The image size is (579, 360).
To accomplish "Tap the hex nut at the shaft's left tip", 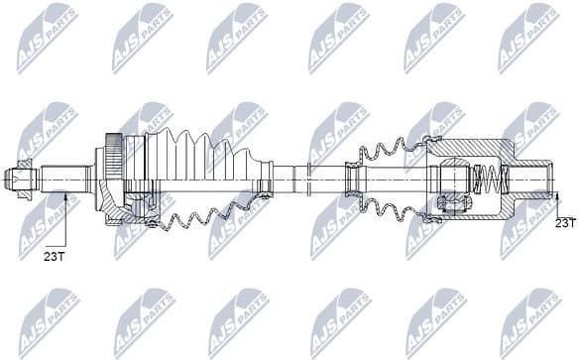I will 20,180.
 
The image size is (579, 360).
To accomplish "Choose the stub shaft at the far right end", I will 536,180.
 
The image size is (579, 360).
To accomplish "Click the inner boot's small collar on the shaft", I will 352,180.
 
